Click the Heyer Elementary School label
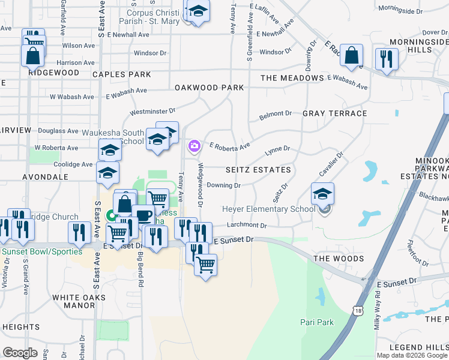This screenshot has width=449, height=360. [x=268, y=209]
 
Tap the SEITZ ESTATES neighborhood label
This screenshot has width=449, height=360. [x=258, y=170]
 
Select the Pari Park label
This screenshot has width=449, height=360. [x=317, y=322]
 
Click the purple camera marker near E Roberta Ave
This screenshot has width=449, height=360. [x=194, y=146]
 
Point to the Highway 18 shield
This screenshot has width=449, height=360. [x=358, y=310]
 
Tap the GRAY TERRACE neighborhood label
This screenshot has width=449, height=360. [x=335, y=113]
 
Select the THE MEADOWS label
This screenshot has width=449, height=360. [x=292, y=78]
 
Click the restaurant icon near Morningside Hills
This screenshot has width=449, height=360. [x=384, y=59]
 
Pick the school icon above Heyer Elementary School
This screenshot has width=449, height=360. [x=323, y=193]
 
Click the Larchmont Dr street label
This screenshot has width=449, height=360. [x=247, y=226]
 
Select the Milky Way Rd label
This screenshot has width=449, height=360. [x=378, y=308]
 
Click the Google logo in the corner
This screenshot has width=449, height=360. [x=20, y=353]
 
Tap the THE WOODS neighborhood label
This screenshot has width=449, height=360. [x=339, y=259]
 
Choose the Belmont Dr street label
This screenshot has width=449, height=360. [x=275, y=113]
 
